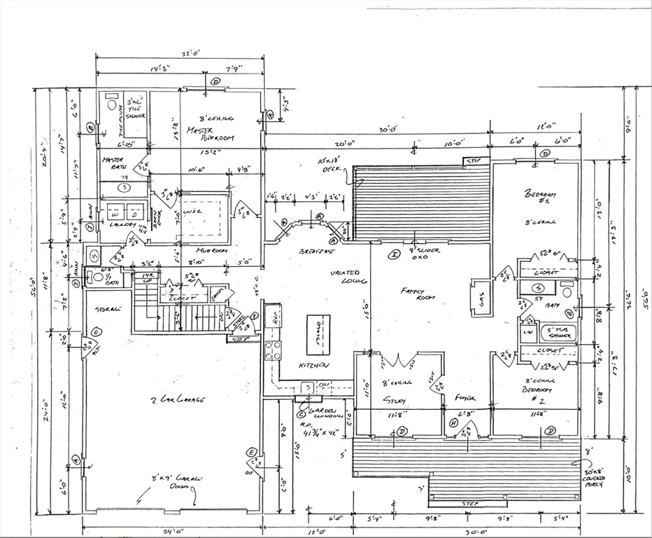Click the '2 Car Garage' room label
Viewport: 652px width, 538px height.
coord(178,399)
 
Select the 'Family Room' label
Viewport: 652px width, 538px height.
coord(418,293)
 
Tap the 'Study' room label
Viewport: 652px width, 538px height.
coord(396,400)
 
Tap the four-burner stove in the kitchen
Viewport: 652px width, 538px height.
coord(272,350)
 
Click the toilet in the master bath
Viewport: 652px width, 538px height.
coord(111,104)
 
